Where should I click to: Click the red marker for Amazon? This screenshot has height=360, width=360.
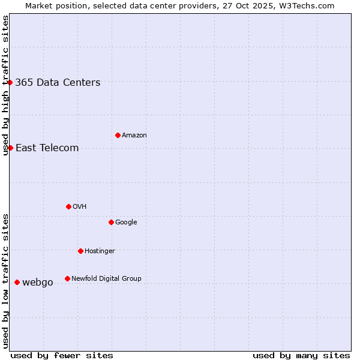pos(118,135)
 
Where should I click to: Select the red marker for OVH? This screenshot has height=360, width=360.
pos(68,206)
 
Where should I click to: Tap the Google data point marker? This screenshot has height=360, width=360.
pos(111,222)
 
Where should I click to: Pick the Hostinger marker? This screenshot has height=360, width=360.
pos(80,251)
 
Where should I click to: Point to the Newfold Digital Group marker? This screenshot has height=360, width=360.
pos(67,278)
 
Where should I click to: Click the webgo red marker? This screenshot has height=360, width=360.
pos(17,282)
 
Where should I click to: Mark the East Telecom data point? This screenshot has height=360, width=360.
pos(10,148)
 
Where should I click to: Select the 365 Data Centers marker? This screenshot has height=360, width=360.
pos(10,82)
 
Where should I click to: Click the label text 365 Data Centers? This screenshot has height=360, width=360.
pos(58,83)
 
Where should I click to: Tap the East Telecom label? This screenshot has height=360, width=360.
pos(47,148)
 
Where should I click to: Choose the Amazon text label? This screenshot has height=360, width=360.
pos(134,136)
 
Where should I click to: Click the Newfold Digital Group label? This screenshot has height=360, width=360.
pos(106,278)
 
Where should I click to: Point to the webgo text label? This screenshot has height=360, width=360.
pos(38,283)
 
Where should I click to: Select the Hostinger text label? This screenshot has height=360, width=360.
pos(100,251)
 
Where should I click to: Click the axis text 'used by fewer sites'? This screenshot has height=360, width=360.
pos(62,355)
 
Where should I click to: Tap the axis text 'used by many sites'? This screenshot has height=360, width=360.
pos(301,355)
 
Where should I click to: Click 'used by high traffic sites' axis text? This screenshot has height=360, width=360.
pos(5,85)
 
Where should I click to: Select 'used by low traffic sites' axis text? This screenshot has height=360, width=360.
pos(5,280)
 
